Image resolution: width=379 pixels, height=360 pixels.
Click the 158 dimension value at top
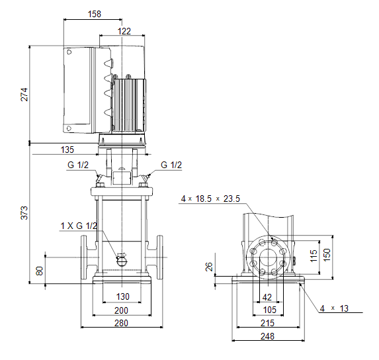tap(95, 14)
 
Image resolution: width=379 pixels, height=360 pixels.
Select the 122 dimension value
tap(124, 31)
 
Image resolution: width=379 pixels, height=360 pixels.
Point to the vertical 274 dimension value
tap(24, 95)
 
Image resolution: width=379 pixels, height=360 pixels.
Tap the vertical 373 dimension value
tap(24, 213)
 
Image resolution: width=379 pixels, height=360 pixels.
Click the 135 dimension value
tap(67, 150)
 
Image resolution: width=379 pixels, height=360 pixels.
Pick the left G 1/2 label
tap(78, 165)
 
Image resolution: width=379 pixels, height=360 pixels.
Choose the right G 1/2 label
tap(171, 165)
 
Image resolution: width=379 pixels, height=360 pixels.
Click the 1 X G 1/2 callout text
tap(79, 226)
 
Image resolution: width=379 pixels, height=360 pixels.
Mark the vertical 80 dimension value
tap(40, 271)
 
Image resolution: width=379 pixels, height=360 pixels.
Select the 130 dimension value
tap(123, 296)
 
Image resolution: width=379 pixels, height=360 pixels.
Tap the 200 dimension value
tap(121, 310)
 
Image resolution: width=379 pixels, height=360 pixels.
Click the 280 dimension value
tap(121, 323)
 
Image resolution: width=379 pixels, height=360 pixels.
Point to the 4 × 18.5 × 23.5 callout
tap(210, 199)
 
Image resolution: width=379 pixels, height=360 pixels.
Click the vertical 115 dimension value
tap(314, 255)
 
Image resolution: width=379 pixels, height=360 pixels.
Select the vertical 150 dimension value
tap(327, 255)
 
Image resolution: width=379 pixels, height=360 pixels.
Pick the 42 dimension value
tap(267, 297)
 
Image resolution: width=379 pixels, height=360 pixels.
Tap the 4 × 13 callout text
tap(334, 308)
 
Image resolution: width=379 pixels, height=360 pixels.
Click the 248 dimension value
tap(268, 336)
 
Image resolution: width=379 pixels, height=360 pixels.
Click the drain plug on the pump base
tap(122, 260)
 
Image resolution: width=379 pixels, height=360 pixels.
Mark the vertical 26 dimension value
tap(209, 267)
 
